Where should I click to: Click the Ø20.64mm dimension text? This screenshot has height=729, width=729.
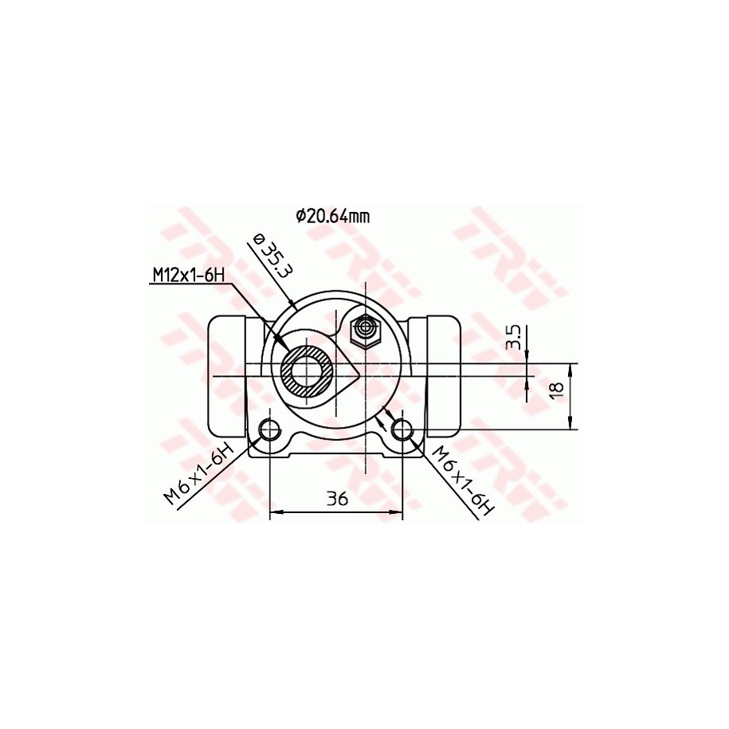333,216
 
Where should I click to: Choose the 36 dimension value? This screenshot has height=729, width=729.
337,500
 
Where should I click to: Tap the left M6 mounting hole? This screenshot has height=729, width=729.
269,429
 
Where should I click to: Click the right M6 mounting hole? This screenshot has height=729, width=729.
402,429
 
